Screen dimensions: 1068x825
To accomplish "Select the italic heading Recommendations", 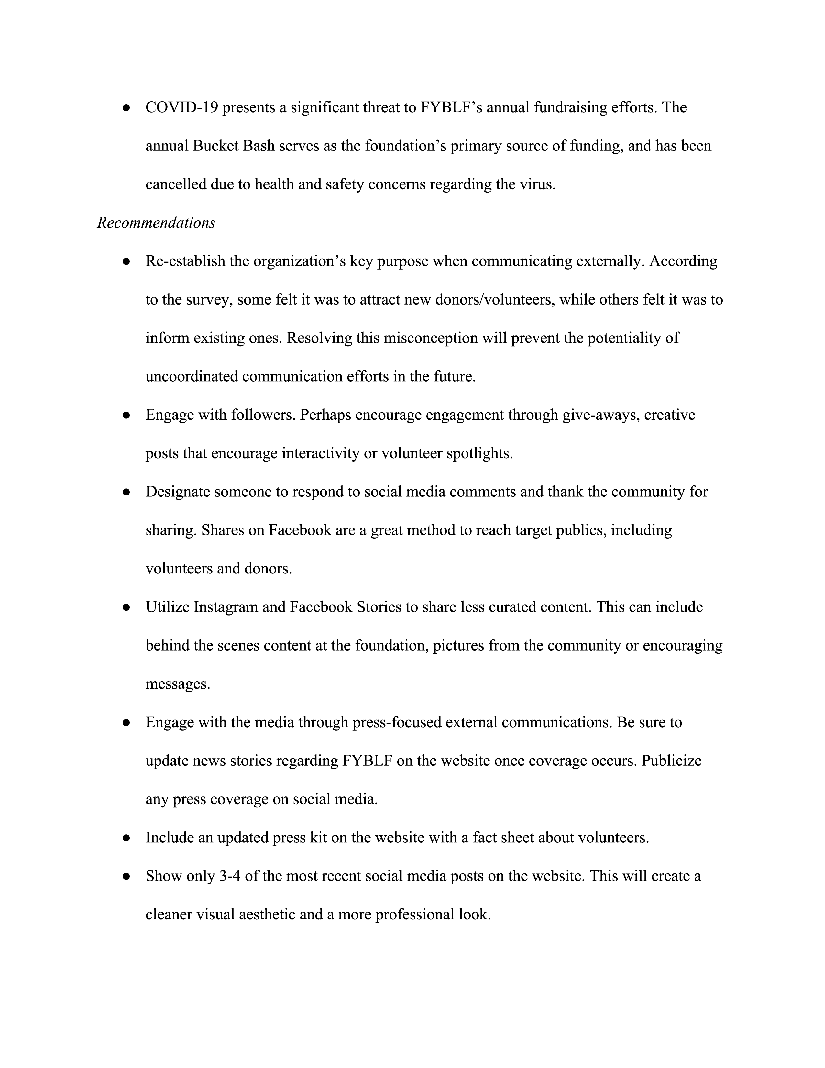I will [156, 223].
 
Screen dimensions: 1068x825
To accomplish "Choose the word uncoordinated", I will [192, 376].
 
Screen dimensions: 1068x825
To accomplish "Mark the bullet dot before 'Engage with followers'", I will [126, 415].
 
